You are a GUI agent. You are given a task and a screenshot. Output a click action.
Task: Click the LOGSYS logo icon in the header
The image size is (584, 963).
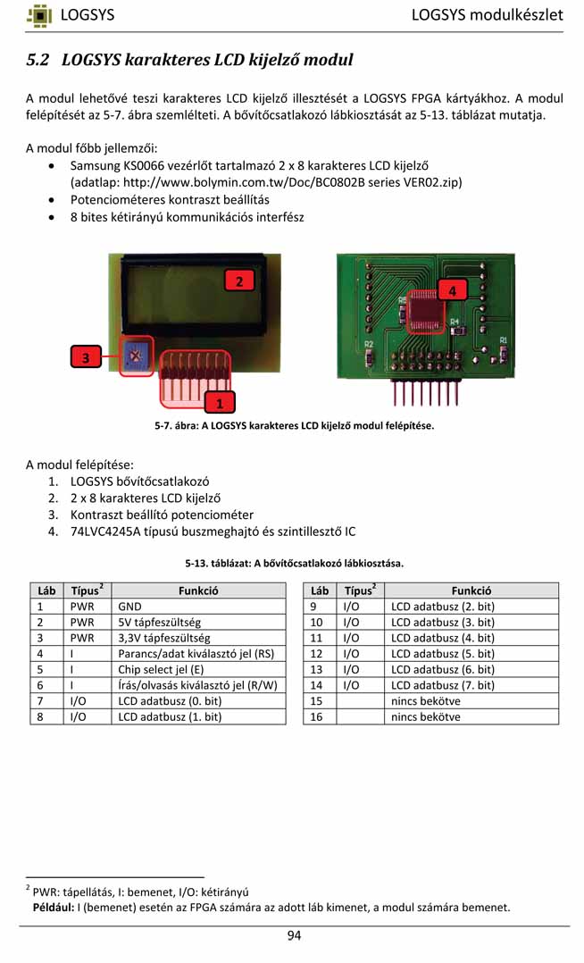pyautogui.click(x=39, y=15)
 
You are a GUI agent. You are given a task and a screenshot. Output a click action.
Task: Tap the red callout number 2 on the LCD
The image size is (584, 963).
pyautogui.click(x=238, y=281)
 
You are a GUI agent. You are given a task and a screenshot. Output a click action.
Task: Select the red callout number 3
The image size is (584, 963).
pyautogui.click(x=86, y=357)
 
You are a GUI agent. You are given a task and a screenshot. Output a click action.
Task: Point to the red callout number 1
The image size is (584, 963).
pyautogui.click(x=220, y=403)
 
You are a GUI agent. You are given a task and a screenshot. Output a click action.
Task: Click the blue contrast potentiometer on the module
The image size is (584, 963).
pyautogui.click(x=135, y=356)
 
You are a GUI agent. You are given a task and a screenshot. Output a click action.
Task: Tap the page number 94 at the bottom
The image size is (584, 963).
pyautogui.click(x=294, y=935)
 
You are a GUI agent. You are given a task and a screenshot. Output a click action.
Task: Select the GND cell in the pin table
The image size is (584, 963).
pyautogui.click(x=130, y=606)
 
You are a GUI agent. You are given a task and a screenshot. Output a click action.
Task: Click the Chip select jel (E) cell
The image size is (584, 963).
pyautogui.click(x=161, y=669)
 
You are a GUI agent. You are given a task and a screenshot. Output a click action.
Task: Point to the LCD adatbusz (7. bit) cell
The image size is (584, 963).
pyautogui.click(x=443, y=685)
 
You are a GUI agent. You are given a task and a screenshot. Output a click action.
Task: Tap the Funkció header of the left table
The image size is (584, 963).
pyautogui.click(x=198, y=590)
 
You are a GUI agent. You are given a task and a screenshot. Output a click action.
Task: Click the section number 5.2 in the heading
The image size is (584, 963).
pyautogui.click(x=38, y=61)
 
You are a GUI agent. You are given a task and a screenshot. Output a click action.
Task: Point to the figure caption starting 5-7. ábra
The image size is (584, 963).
pyautogui.click(x=294, y=425)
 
